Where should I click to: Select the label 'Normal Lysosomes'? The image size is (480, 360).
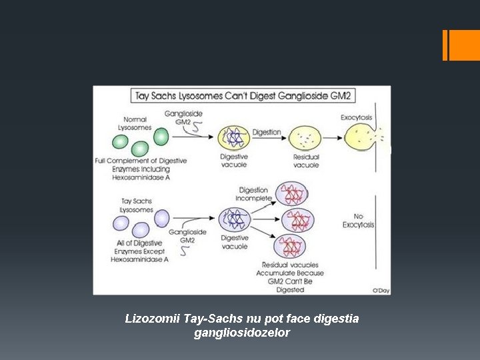pyautogui.click(x=135, y=123)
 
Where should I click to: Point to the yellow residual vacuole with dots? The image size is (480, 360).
pyautogui.click(x=305, y=139)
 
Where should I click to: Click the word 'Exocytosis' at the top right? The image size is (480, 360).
pyautogui.click(x=356, y=117)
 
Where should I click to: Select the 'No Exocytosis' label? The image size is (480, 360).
pyautogui.click(x=358, y=220)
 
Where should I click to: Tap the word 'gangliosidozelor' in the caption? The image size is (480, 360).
pyautogui.click(x=241, y=333)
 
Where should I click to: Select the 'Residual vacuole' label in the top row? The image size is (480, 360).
pyautogui.click(x=306, y=161)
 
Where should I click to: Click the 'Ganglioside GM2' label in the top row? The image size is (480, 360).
pyautogui.click(x=183, y=118)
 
